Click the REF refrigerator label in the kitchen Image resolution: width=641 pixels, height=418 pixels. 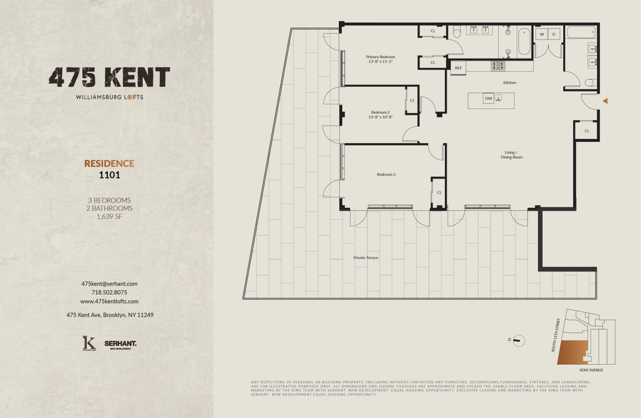(458, 68)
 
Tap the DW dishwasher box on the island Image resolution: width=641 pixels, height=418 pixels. (488, 98)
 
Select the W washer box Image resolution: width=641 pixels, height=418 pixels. (542, 34)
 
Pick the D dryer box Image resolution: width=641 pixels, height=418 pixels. (554, 34)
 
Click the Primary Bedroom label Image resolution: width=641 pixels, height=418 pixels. (380, 57)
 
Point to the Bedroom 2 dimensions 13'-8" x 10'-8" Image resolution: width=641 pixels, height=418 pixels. (380, 117)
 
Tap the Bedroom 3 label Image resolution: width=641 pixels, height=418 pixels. (386, 174)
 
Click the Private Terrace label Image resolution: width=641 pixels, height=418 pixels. (366, 258)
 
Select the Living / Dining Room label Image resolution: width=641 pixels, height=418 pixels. (512, 155)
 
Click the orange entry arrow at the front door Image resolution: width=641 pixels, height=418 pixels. (605, 101)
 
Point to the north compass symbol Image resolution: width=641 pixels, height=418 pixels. (518, 340)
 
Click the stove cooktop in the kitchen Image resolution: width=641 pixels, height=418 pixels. (498, 66)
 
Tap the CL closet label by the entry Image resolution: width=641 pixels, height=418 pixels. (587, 131)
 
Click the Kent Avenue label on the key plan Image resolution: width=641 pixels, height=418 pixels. (591, 370)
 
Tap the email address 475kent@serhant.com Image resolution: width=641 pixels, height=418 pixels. (109, 284)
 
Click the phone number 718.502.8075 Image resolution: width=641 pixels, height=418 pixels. (109, 292)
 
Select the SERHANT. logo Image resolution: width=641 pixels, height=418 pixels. (121, 344)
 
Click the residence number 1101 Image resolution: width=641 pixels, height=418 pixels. (109, 175)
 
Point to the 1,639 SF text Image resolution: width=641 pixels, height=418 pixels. (109, 217)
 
